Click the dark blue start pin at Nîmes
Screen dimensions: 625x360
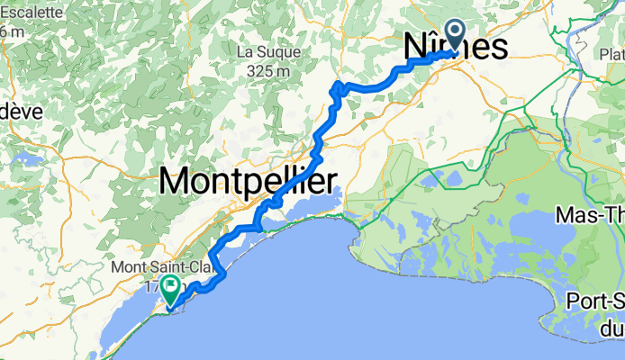[453, 36]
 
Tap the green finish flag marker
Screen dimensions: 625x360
[169, 292]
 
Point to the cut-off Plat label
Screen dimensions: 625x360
[611, 56]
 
